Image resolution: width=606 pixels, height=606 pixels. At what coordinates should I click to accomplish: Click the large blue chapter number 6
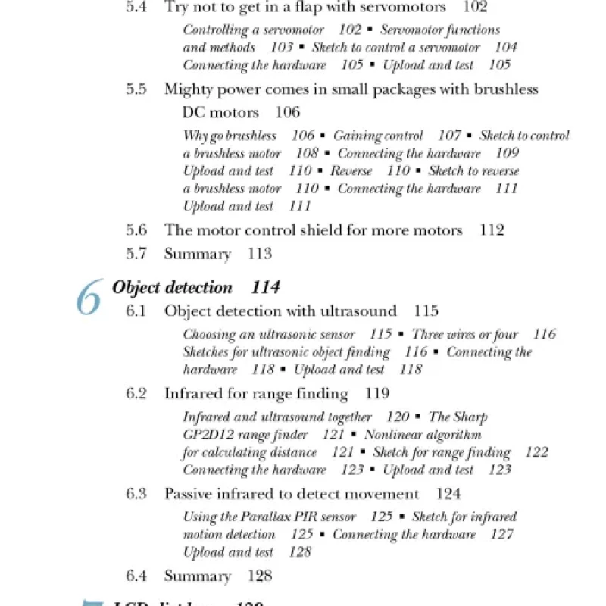pos(89,298)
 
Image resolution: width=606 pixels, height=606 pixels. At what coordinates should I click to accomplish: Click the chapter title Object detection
pos(172,287)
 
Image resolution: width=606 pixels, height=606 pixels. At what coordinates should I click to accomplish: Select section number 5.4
pos(136,8)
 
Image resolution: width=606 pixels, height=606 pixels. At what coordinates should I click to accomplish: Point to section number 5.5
pos(136,89)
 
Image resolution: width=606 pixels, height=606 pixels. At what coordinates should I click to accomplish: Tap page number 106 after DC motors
pos(287,113)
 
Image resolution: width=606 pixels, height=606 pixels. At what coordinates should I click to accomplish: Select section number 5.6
pos(136,230)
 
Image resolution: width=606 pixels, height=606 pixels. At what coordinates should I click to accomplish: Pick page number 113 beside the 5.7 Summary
pos(260,255)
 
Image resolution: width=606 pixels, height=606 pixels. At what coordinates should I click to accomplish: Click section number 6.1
pos(136,311)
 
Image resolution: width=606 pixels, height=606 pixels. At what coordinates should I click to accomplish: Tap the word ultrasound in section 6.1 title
pos(359,311)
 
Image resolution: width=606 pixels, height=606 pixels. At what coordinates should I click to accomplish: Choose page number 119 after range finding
pos(376,394)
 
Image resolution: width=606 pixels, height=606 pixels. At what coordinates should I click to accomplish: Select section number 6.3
pos(136,494)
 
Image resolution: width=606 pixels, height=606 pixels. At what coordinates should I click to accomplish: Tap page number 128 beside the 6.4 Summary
pos(260,576)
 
